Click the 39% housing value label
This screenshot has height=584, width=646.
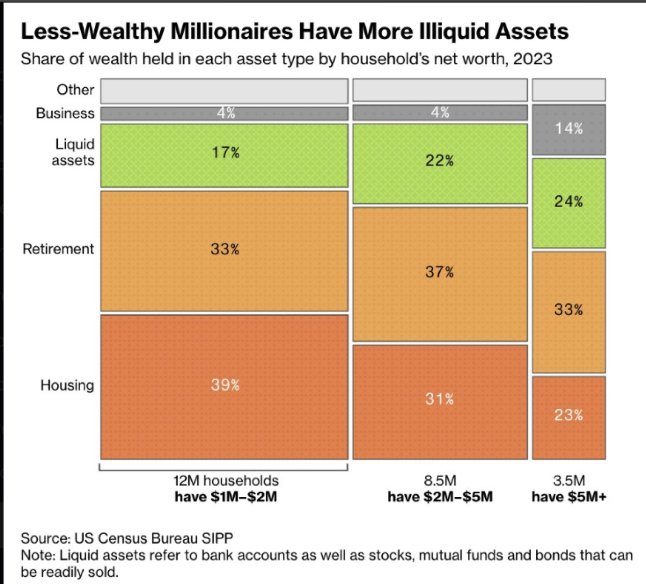coord(225,385)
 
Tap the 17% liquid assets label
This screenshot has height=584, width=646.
coord(226,152)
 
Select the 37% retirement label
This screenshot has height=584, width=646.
coord(439,272)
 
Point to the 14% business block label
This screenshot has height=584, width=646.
coord(569,128)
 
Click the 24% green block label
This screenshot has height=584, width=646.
coord(568,201)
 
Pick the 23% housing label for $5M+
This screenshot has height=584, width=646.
coord(568,415)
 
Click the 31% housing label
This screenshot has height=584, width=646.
coord(439,398)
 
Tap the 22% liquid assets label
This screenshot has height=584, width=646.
coord(439,161)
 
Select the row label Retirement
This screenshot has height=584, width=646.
coord(58,249)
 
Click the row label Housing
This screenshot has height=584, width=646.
coord(67,385)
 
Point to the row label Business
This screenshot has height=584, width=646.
coord(65,113)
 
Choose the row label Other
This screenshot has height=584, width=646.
coord(75,90)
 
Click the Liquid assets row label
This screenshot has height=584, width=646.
coord(73,152)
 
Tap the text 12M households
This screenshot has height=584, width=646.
coord(226,480)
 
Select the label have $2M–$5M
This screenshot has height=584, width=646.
coord(440,496)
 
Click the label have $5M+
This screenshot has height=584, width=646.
coord(569,496)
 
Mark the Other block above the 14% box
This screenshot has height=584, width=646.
coord(569,90)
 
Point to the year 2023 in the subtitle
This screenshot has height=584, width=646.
coord(533,59)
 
